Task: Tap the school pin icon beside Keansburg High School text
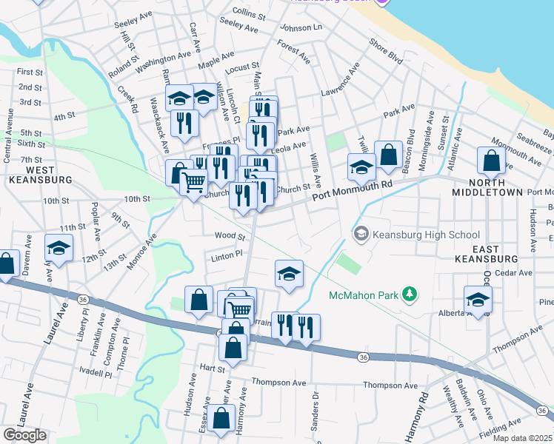point(361,235)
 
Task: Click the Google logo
point(24,435)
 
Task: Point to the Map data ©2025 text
point(522,438)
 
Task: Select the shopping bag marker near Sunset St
point(491,159)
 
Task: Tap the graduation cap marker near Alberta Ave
point(478,299)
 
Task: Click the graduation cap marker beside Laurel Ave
point(59,247)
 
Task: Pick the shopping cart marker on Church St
point(193,181)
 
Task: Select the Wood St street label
point(230,237)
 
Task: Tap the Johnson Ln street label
point(301,28)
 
